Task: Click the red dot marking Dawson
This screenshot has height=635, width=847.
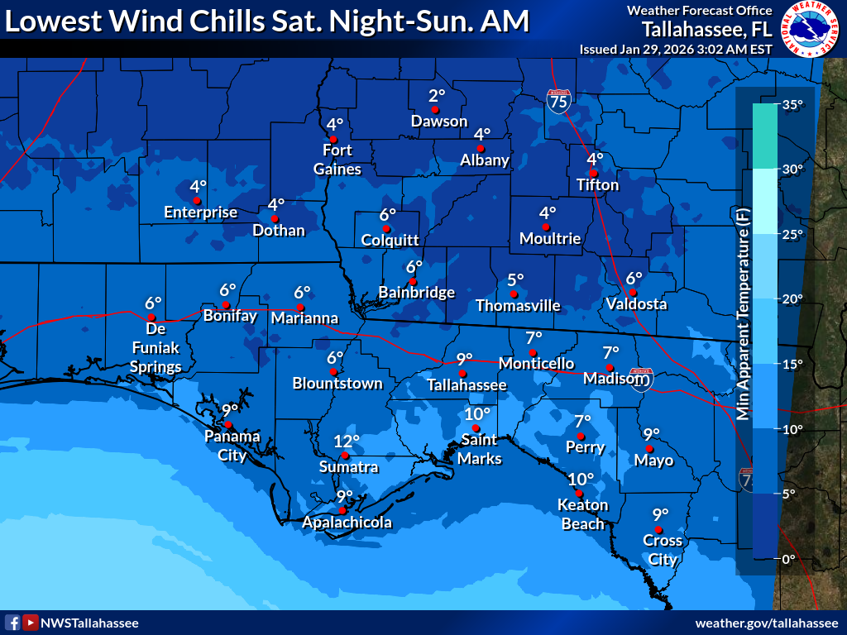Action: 434,109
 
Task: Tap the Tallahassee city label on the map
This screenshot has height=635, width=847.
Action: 467,384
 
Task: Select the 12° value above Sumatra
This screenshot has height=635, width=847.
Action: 347,442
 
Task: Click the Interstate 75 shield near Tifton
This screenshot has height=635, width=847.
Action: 559,101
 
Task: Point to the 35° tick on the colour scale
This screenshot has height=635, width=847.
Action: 792,105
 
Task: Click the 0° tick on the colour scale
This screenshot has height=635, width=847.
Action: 788,558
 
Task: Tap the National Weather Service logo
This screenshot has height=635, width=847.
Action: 810,29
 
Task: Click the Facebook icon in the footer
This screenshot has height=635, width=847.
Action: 12,623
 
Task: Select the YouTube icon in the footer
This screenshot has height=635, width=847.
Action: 31,623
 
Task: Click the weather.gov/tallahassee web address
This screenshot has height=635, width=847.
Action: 767,623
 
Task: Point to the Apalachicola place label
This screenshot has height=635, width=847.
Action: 347,523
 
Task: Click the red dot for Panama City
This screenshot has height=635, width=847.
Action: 229,424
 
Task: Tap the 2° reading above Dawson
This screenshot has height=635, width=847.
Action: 437,95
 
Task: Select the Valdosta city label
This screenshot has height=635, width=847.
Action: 636,304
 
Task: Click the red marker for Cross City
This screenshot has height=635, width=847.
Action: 658,529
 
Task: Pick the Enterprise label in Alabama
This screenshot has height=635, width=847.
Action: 200,212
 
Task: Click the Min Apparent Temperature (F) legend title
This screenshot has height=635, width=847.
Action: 742,314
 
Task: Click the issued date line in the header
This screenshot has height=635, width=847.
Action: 676,49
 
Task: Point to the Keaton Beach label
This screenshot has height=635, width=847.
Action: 582,513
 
